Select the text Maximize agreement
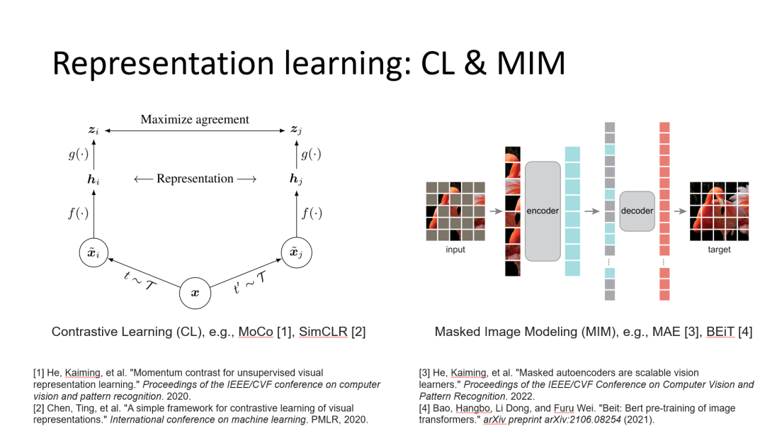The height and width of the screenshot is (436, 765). click(195, 119)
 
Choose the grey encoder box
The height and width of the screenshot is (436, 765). click(543, 211)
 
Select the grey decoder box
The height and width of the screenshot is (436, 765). click(637, 211)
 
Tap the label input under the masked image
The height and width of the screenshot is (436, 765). click(455, 250)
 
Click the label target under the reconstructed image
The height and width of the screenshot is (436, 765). click(720, 250)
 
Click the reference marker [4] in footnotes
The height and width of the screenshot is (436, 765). click(426, 408)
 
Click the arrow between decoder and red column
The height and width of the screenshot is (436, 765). click(680, 211)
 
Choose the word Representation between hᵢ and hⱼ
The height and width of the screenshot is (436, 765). click(195, 179)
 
